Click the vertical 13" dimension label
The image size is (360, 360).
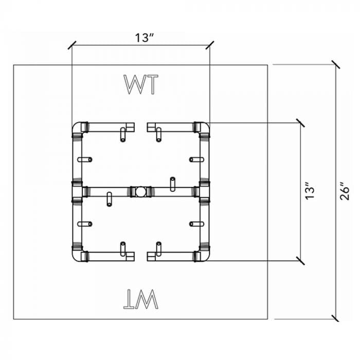(310, 191)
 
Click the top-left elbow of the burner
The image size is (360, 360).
(79, 129)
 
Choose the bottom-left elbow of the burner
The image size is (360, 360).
(79, 253)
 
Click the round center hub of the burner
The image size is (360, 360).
(140, 192)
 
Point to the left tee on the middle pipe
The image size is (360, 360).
(78, 191)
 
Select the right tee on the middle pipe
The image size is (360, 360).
(202, 191)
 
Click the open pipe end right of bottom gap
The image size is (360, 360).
(150, 256)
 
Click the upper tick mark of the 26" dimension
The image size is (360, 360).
(336, 65)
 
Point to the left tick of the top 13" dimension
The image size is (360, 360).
(72, 45)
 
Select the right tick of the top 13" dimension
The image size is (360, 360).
(209, 45)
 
